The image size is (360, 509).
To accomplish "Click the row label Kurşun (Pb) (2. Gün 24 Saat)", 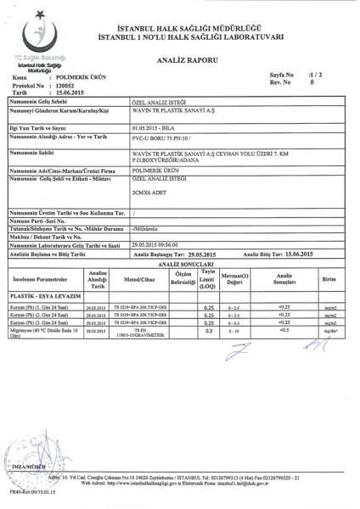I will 39,315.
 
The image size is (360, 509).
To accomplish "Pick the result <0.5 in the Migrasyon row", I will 284,331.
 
